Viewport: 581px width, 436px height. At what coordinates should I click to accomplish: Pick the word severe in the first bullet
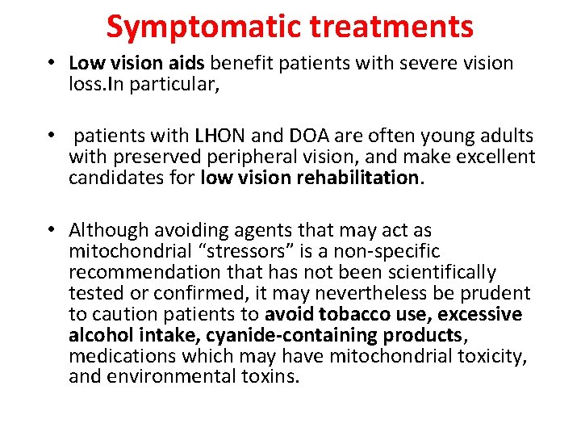tap(411, 64)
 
